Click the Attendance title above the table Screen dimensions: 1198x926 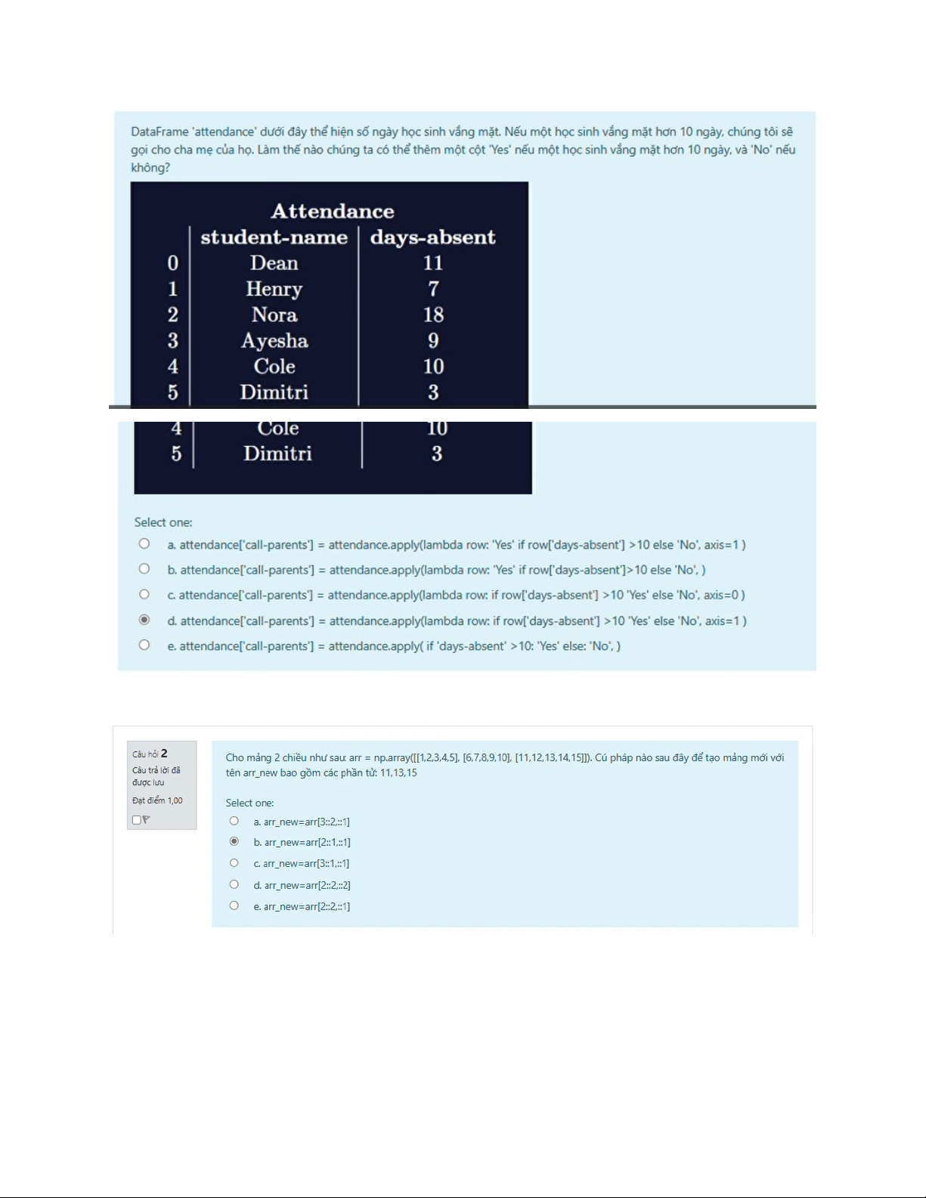(x=333, y=211)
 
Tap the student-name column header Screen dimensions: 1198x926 (x=274, y=237)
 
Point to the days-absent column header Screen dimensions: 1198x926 (x=432, y=237)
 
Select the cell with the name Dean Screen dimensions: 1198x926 (x=274, y=263)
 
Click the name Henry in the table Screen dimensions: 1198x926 (x=274, y=289)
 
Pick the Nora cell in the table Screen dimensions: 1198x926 (x=274, y=314)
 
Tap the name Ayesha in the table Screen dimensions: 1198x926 (x=274, y=341)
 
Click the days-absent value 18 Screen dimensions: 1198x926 (x=433, y=314)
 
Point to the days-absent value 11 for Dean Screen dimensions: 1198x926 (x=433, y=263)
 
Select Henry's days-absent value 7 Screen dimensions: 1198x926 (x=433, y=289)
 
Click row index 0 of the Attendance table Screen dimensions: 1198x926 (x=173, y=263)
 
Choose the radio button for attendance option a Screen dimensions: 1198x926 (x=144, y=543)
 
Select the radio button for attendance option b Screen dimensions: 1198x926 (x=144, y=568)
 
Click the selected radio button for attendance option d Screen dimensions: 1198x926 (x=144, y=620)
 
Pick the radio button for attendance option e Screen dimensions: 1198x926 (x=144, y=645)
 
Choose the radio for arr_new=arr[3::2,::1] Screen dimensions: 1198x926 (x=234, y=821)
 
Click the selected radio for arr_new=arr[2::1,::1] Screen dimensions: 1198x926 (x=234, y=841)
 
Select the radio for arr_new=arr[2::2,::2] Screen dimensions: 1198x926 (x=234, y=884)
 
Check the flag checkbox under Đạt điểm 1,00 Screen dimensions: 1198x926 (x=136, y=819)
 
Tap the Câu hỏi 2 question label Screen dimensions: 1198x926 (x=150, y=754)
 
